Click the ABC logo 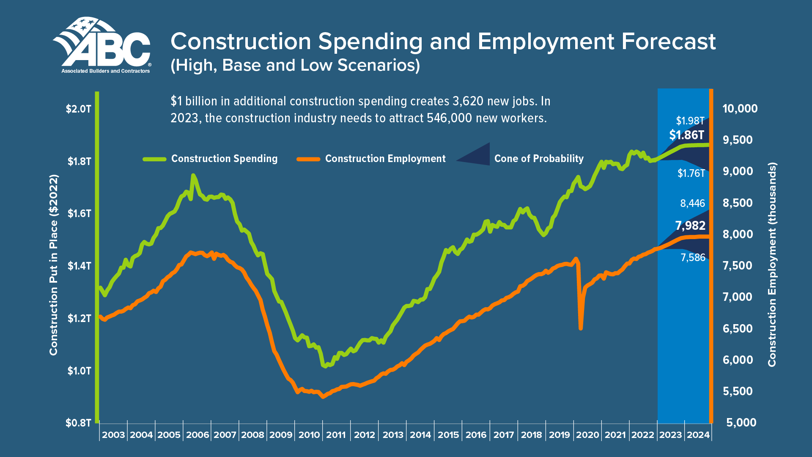[x=101, y=45]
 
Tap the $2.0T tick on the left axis [x=79, y=109]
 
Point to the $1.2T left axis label [x=79, y=318]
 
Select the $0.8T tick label [x=79, y=423]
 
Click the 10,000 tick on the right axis [x=740, y=109]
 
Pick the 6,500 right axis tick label [x=738, y=328]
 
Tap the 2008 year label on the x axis [x=252, y=435]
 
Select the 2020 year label [x=587, y=435]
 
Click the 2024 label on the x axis [x=698, y=435]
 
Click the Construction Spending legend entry [x=224, y=159]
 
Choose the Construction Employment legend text [x=385, y=159]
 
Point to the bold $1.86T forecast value [x=686, y=135]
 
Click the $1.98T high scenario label [x=690, y=121]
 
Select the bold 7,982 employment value [x=690, y=226]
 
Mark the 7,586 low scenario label [x=693, y=257]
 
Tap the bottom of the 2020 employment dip [x=581, y=328]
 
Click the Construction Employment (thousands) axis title [x=772, y=264]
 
